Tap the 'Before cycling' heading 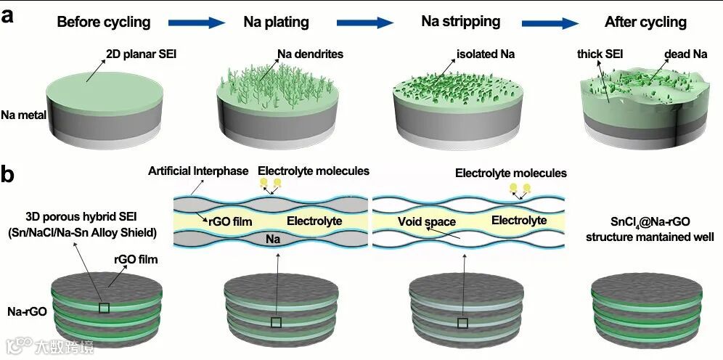point(104,22)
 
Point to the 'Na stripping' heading point(460,21)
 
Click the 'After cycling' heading point(645,22)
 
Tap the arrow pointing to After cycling point(555,22)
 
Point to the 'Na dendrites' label point(310,54)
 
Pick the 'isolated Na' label point(486,54)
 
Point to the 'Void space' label point(425,221)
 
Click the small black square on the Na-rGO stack point(104,308)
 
